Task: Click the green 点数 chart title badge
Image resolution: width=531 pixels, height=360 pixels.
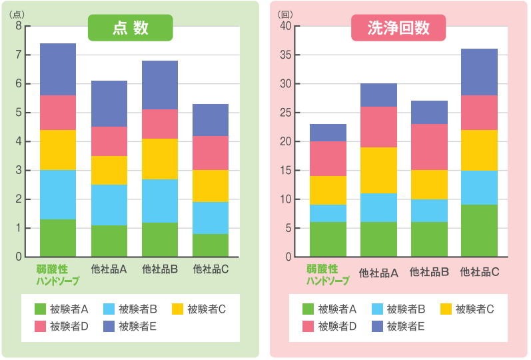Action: pos(131,28)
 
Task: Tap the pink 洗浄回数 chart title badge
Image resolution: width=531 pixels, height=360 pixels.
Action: pos(398,28)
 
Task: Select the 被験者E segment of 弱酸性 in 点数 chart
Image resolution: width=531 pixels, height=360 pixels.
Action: pos(58,69)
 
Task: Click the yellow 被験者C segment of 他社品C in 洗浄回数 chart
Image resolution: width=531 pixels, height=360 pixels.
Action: pos(479,150)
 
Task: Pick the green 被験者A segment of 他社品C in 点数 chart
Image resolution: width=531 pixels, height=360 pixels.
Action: pos(211,245)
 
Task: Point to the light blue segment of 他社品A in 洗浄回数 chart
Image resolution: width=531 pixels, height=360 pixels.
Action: pos(378,207)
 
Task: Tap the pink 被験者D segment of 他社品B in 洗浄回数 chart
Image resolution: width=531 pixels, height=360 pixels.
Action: pos(429,147)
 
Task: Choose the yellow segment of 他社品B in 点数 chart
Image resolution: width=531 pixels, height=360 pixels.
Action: pos(160,159)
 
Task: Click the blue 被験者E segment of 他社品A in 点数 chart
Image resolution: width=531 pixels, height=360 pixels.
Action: pos(109,104)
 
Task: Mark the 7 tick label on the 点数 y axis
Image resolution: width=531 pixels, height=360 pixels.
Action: pos(19,55)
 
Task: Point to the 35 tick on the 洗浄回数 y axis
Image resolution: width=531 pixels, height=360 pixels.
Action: pos(285,55)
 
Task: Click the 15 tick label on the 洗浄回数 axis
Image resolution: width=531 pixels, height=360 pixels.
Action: pos(285,170)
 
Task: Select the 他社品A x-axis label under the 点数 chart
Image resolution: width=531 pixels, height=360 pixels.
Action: pos(109,269)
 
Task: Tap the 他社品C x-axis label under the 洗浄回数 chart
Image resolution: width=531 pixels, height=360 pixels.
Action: pos(480,271)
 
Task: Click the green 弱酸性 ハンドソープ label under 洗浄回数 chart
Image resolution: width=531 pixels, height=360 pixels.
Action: pos(328,275)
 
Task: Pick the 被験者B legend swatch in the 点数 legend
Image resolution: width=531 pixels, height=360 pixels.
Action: pos(109,309)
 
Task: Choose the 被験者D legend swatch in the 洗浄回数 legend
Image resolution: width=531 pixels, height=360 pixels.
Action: pos(308,326)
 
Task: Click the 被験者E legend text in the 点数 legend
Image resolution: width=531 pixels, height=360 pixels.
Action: pos(137,326)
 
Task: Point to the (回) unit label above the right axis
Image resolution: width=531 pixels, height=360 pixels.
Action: pos(285,15)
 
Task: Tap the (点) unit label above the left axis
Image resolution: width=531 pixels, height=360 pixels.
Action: pos(17,15)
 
